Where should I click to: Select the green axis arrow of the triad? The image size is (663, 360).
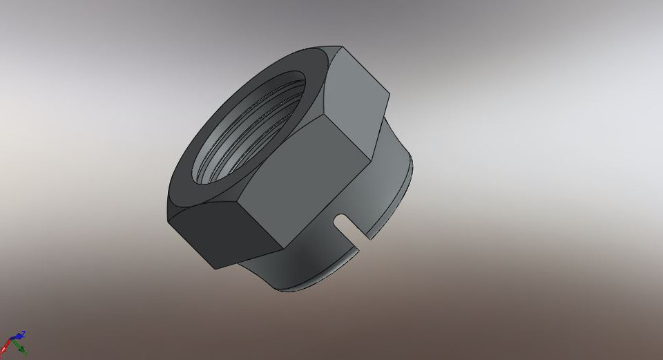coord(21,350)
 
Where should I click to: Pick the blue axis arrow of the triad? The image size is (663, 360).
coord(18,338)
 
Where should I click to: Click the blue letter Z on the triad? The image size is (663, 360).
coord(23,333)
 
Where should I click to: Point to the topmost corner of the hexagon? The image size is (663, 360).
coord(341,47)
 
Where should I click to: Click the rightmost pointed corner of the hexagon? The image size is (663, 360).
coord(389,96)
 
